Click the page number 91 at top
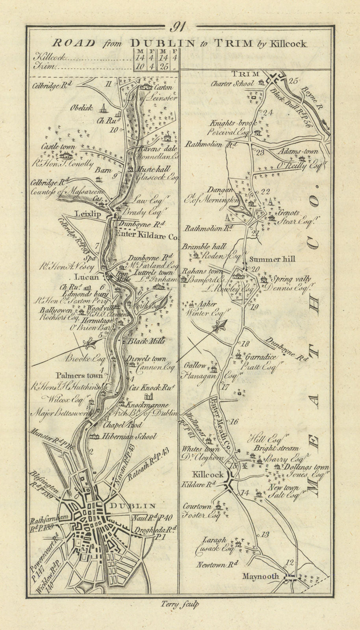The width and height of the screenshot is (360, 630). coord(178,28)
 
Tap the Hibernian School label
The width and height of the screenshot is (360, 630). coord(129,436)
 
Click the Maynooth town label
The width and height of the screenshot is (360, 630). coord(261,576)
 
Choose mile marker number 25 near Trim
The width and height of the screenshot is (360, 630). coord(293,81)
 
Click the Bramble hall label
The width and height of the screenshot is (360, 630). coord(204,246)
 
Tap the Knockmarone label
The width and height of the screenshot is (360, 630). coord(147,405)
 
